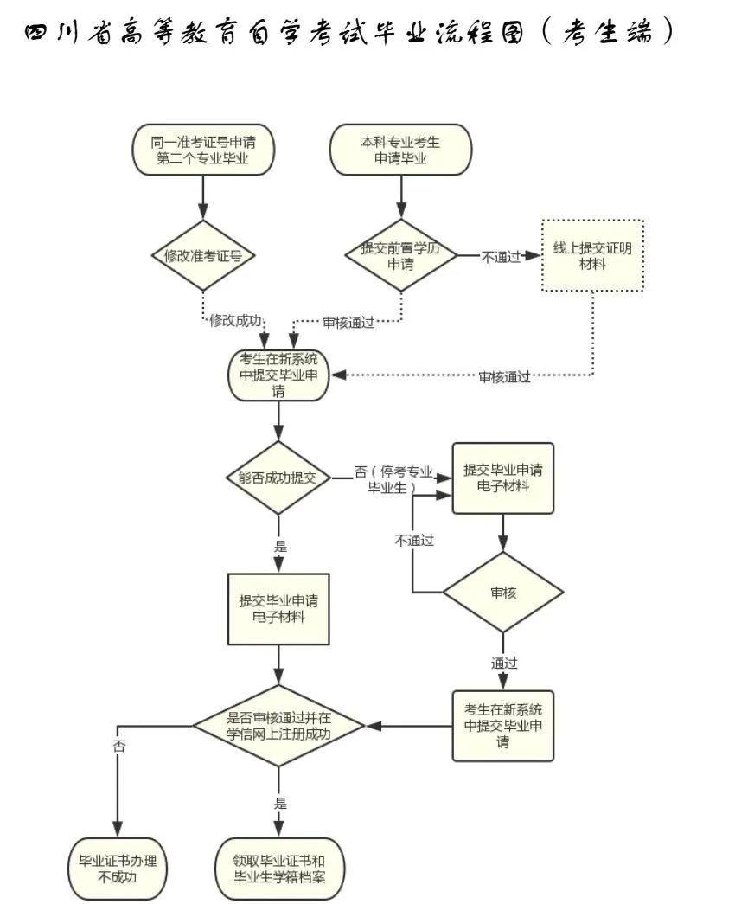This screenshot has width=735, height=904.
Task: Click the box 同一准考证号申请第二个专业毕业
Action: [203, 150]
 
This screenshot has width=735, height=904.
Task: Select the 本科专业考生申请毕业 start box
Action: [400, 150]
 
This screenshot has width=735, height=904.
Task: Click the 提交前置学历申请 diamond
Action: [400, 255]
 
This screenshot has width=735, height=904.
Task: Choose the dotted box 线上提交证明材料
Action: [593, 255]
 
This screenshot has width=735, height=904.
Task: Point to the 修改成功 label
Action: [233, 319]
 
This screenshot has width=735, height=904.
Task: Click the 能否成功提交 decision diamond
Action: [278, 478]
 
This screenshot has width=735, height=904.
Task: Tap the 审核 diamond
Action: [503, 593]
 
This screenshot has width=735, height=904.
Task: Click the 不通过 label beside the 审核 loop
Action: [414, 540]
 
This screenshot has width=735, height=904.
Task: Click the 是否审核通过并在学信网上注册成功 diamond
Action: [278, 724]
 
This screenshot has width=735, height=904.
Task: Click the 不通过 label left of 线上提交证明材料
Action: [502, 256]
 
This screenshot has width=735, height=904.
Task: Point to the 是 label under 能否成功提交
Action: [279, 547]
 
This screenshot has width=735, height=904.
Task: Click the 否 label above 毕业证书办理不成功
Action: [118, 747]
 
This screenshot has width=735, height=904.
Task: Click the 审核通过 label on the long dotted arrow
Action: [505, 376]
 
